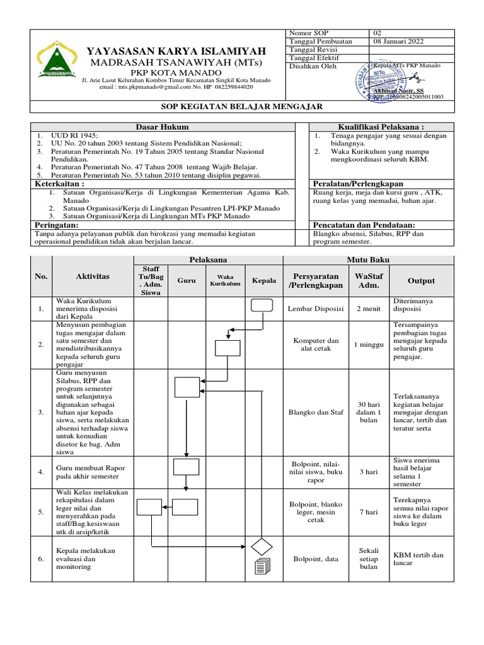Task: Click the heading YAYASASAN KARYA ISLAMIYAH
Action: point(176,50)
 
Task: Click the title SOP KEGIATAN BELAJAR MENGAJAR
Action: point(242,107)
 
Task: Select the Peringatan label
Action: point(56,225)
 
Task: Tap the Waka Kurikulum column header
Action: point(225,280)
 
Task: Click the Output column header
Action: point(420,281)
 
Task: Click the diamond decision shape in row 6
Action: point(262,545)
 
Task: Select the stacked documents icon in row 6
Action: point(262,567)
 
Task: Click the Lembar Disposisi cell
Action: point(316,309)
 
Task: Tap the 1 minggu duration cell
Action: point(368,345)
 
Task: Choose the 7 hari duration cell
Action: point(368,512)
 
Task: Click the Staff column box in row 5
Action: point(149,506)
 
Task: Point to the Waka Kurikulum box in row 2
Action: point(227,348)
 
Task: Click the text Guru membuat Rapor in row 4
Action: point(91,468)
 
